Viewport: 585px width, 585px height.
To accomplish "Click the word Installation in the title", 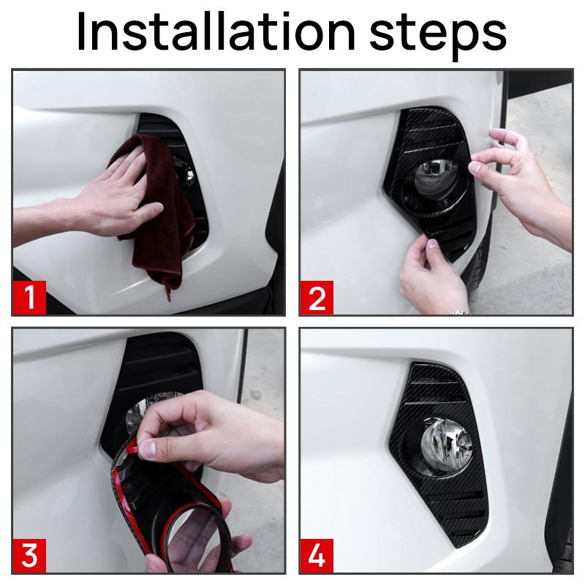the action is [216, 32].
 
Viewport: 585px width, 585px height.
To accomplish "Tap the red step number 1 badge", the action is [29, 298].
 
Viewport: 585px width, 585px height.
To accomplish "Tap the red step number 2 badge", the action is [317, 298].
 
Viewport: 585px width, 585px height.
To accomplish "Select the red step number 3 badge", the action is [29, 556].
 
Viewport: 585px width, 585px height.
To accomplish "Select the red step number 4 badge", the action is [317, 556].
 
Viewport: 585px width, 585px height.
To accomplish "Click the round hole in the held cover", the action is [197, 537].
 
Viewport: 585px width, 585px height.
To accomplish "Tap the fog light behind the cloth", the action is [186, 173].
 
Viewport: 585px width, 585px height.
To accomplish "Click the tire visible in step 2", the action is [478, 257].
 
